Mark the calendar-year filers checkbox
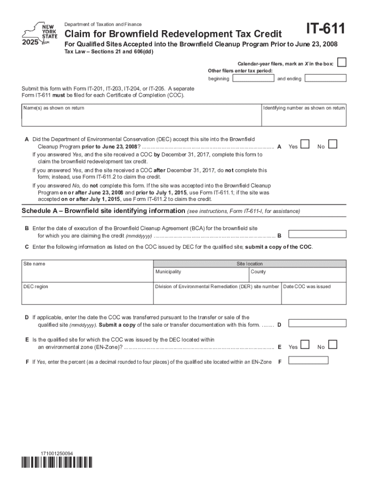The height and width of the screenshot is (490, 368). coord(342,63)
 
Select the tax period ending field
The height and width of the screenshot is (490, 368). coord(325,78)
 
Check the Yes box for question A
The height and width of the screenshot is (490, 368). coord(305,144)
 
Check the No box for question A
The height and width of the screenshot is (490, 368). coord(333,144)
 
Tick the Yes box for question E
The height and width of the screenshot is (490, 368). coord(305,345)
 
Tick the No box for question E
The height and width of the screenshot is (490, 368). coord(333,345)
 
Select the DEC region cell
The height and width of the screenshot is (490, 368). coord(87,296)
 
